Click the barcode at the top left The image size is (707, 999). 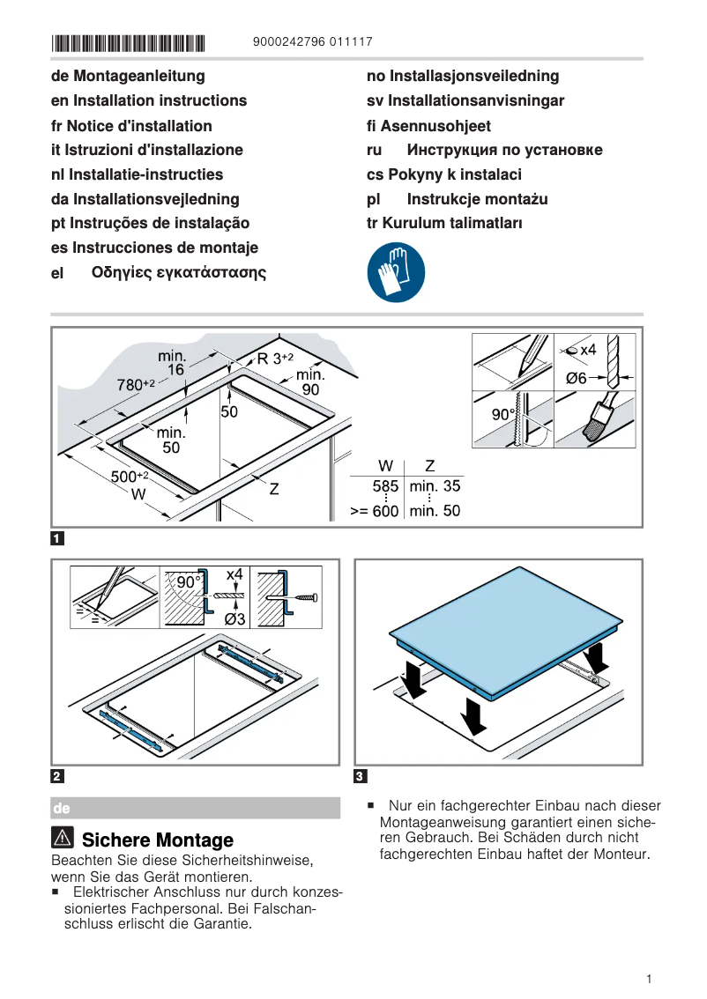[128, 42]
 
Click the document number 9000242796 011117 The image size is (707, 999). [312, 42]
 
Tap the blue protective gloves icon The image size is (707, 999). [396, 272]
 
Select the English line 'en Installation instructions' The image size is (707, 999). [149, 100]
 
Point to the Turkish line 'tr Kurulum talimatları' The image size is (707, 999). [444, 224]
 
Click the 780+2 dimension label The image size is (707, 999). [136, 384]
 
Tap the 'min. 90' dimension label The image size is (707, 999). [310, 381]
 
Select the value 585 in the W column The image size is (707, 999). [385, 485]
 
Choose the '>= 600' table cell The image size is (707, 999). [375, 510]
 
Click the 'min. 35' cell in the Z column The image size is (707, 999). [435, 485]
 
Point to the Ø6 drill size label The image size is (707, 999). [576, 378]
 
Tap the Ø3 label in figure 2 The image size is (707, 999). [234, 618]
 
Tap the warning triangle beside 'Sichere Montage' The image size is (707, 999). [63, 839]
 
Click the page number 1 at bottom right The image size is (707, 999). [648, 979]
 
